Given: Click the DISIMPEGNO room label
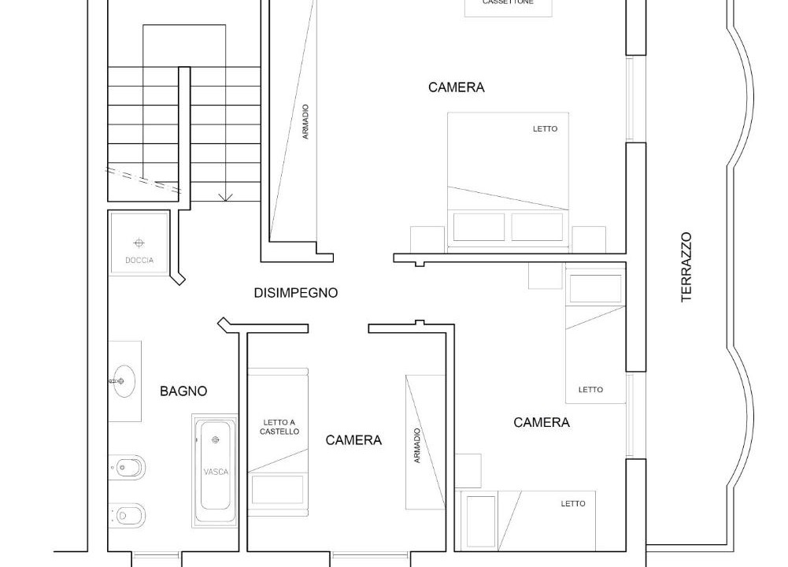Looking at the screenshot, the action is pos(295,292).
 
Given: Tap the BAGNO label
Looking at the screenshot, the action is pos(183,391).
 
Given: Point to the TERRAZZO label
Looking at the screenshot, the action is pos(686,267).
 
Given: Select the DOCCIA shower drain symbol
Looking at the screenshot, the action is pos(139,243).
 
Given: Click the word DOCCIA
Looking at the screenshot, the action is pos(139,261).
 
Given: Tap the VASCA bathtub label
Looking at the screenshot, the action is pos(216,472).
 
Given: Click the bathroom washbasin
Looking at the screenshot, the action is pos(123,381).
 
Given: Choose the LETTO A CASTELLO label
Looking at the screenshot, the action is pos(279,427).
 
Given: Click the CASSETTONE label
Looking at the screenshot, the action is pos(508,2).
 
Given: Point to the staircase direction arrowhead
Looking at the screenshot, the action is pos(226,197).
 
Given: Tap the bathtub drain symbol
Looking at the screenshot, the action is pos(216,440).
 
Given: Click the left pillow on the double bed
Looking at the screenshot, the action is pos(479,228).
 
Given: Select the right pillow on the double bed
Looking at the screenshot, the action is pos(537,228).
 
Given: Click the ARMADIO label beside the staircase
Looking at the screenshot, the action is pos(305,121).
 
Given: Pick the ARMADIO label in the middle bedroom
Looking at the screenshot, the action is pos(416,446).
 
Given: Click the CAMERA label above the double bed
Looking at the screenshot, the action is pos(457,87).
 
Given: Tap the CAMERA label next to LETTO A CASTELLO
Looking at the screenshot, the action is pos(353,440).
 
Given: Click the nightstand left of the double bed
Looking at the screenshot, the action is pos(427,239).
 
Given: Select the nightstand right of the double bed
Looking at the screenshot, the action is pos(589,239).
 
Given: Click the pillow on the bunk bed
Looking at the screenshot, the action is pos(277,490).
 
